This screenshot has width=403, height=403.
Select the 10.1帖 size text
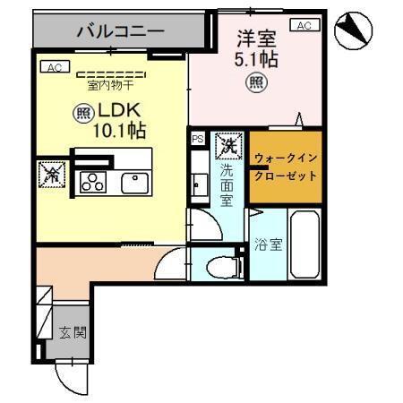pyautogui.click(x=119, y=131)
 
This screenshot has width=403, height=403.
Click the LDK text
pyautogui.click(x=120, y=112)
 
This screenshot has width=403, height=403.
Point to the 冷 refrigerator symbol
pyautogui.click(x=50, y=176)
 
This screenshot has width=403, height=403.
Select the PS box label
pyautogui.click(x=197, y=139)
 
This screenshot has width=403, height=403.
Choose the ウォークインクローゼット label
pyautogui.click(x=285, y=167)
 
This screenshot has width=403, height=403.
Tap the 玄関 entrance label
pyautogui.click(x=73, y=333)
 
